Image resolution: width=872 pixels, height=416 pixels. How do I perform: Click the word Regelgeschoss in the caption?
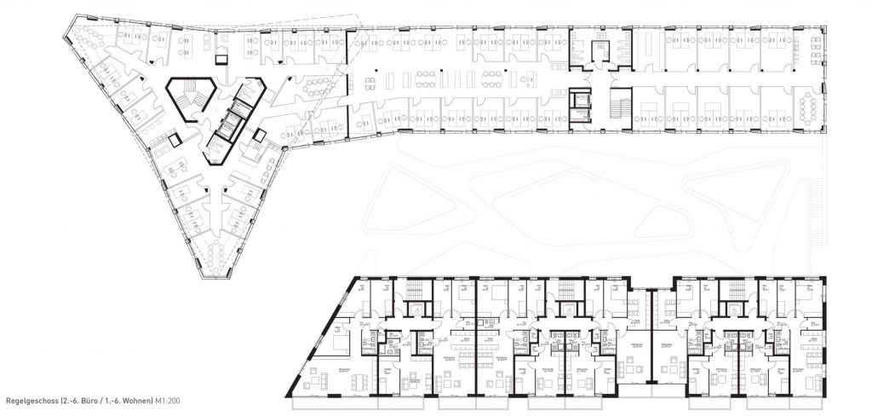(32, 400)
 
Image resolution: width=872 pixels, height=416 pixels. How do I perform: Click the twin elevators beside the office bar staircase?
(581, 102)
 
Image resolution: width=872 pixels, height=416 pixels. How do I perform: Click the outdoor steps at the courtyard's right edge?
(820, 204)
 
